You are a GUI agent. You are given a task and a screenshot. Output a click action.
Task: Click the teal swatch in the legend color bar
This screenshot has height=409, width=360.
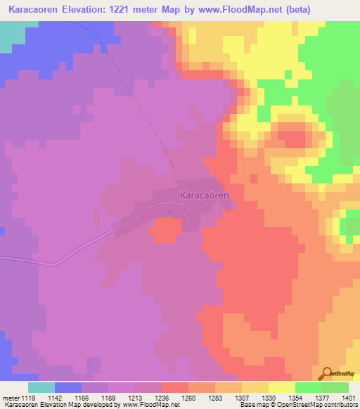(41, 387)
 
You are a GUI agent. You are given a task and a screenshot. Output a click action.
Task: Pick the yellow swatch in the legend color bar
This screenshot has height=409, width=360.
(282, 387)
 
